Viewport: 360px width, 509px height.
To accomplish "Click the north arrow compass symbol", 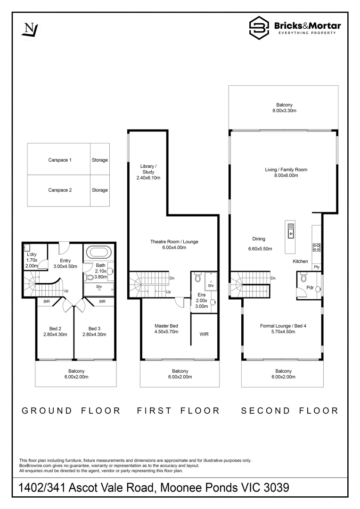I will pyautogui.click(x=30, y=29).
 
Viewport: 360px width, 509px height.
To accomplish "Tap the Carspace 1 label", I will pyautogui.click(x=60, y=160).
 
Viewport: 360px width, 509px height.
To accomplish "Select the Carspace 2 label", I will pyautogui.click(x=60, y=190).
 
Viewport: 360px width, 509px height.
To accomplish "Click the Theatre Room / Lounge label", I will pyautogui.click(x=174, y=242).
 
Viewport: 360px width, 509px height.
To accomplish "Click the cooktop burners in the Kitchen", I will pyautogui.click(x=317, y=246).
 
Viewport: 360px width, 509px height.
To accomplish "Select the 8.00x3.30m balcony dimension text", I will pyautogui.click(x=283, y=111).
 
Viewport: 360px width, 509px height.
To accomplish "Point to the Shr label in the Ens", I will pyautogui.click(x=211, y=286).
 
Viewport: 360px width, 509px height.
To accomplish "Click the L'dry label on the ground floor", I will pyautogui.click(x=32, y=255).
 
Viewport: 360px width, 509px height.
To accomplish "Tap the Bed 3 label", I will pyautogui.click(x=94, y=328).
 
